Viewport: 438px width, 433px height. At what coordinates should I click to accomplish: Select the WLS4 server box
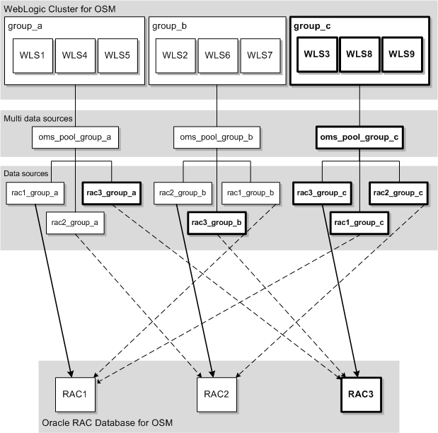[x=75, y=54]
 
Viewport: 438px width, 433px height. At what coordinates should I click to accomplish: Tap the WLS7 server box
[x=259, y=54]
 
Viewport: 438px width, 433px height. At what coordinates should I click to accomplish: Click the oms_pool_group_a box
[x=75, y=137]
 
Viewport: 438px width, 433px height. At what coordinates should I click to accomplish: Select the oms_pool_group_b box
[x=217, y=137]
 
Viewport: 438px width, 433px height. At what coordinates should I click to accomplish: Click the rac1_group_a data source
[x=34, y=191]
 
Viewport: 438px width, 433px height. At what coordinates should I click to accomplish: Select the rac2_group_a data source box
[x=75, y=223]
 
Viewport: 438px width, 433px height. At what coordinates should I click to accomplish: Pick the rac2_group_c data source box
[x=398, y=191]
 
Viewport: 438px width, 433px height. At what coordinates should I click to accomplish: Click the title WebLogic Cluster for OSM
[x=60, y=8]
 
